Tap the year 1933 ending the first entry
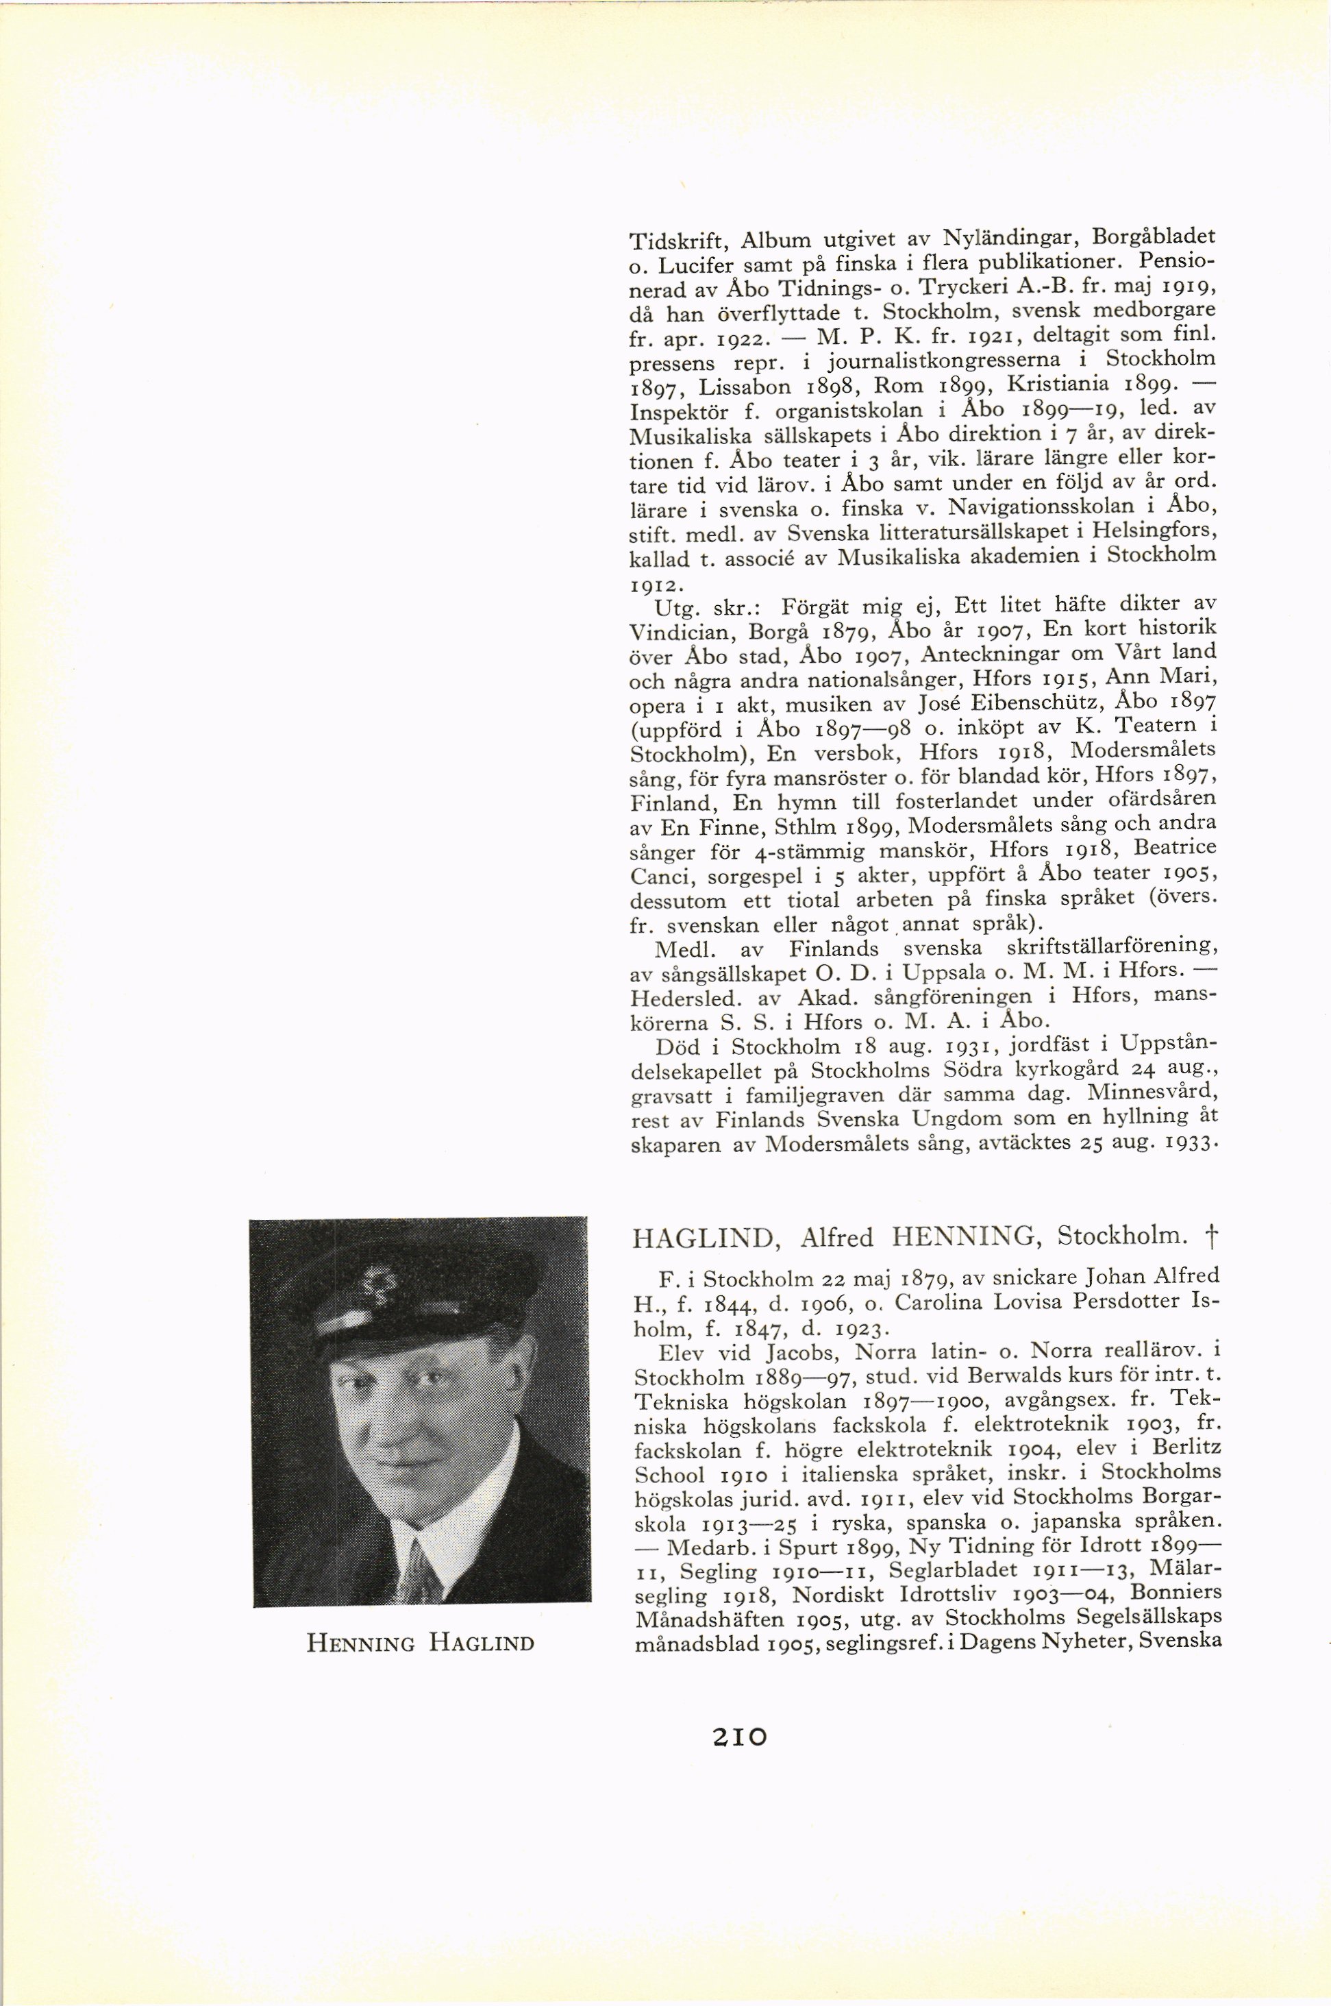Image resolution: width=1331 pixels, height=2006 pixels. [x=1186, y=1142]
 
